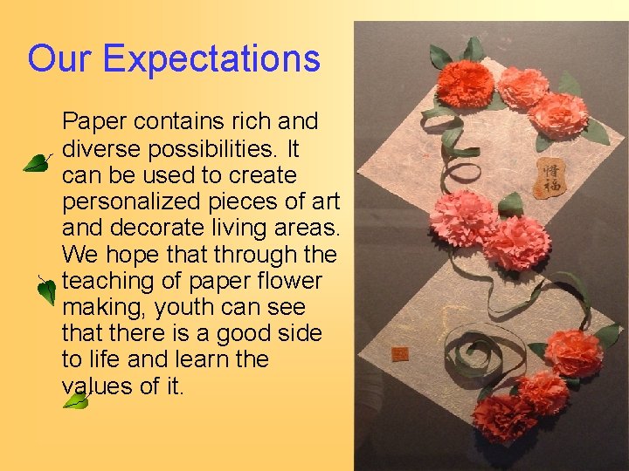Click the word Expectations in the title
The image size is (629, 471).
click(211, 59)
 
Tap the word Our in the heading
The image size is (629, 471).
click(59, 59)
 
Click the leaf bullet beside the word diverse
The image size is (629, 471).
click(37, 162)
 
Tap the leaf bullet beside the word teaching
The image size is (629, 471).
click(46, 290)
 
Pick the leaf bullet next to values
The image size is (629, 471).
click(76, 401)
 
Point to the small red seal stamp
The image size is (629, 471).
click(401, 354)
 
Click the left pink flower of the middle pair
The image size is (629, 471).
click(462, 218)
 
